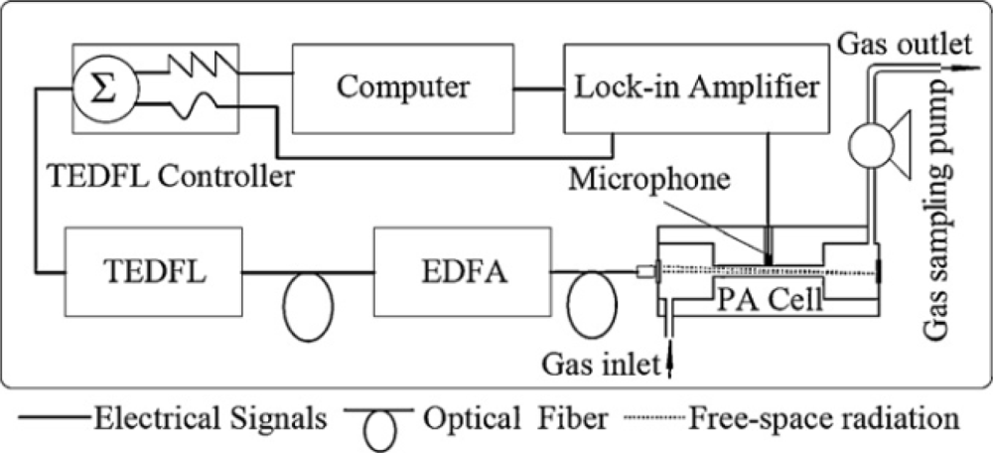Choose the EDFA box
pos(461,269)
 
